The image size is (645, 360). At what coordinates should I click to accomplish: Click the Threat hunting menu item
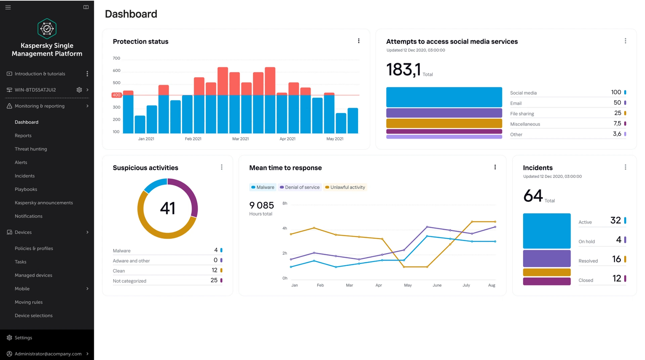[31, 149]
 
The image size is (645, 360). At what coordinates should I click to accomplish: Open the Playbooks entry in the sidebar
[26, 189]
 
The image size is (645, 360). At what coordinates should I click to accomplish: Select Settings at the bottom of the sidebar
[23, 337]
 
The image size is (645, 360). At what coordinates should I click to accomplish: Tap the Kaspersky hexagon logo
[47, 29]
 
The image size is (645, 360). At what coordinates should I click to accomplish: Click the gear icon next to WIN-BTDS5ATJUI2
[79, 90]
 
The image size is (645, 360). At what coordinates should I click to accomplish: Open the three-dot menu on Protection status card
[359, 41]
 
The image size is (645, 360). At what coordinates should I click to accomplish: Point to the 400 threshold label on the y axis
[116, 95]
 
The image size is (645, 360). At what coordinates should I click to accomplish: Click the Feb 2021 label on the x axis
[193, 139]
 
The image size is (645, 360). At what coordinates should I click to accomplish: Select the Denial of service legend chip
[300, 187]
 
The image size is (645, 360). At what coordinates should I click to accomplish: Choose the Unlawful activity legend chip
[345, 187]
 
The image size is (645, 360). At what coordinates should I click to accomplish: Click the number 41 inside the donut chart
[168, 208]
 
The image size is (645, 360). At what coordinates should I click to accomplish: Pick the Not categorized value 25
[214, 280]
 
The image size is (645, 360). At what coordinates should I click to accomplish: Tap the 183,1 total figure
[403, 70]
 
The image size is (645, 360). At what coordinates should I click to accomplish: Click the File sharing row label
[522, 114]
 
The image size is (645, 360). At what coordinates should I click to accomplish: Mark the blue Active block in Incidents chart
[547, 231]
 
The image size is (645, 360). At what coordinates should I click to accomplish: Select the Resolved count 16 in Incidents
[616, 259]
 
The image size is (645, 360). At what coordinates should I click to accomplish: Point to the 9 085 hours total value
[261, 205]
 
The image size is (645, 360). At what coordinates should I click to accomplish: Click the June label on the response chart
[437, 285]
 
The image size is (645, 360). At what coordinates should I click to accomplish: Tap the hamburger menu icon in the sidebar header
[8, 7]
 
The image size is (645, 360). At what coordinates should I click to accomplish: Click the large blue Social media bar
[444, 97]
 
